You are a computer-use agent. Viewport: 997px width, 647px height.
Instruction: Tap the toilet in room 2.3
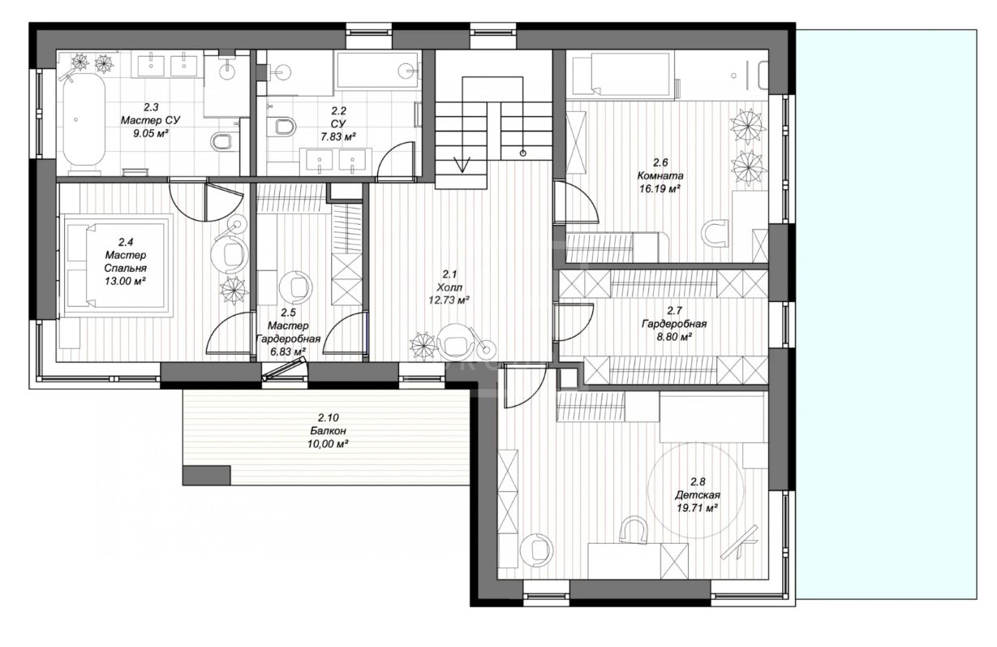(x=221, y=141)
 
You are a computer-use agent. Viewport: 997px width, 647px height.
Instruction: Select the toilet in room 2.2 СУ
(x=283, y=127)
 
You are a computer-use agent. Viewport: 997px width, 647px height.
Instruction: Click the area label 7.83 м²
(x=338, y=136)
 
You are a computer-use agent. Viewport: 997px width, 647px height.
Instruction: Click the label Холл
(x=449, y=287)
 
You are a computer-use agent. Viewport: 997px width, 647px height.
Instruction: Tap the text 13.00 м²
(x=126, y=282)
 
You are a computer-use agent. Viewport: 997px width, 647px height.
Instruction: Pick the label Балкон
(x=328, y=431)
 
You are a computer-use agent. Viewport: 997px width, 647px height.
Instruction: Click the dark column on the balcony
(x=207, y=476)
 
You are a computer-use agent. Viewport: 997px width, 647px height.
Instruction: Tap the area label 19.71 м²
(x=697, y=507)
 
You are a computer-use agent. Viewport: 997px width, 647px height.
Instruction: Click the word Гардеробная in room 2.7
(x=674, y=324)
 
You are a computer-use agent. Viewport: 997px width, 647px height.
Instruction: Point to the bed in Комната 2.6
(x=622, y=74)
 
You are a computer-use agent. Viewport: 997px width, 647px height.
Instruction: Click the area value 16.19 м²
(x=660, y=189)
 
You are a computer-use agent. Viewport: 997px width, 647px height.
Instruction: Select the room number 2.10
(x=328, y=418)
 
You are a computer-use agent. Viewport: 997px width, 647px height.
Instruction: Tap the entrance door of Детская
(x=525, y=385)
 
